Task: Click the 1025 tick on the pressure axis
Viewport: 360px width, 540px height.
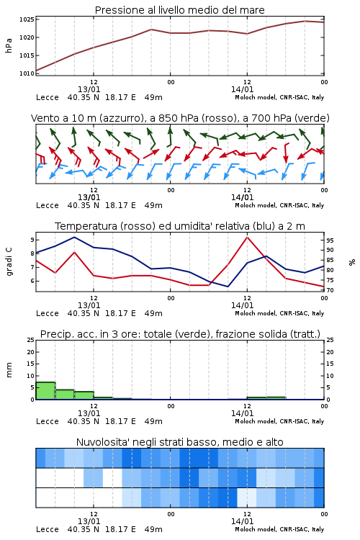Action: pos(27,19)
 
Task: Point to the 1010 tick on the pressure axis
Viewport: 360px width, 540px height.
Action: pos(27,73)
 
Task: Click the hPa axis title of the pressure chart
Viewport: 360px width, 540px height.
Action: pos(9,45)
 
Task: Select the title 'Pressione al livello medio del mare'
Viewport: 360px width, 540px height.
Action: pos(180,10)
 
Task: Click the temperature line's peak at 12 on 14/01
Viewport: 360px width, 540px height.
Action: pos(247,237)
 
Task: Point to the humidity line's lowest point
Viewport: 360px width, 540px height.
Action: pos(228,287)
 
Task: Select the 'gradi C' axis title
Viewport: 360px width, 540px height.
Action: pos(9,261)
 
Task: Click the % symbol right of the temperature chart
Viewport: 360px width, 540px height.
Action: pos(352,262)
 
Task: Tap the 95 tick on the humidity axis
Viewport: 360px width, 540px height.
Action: pos(330,240)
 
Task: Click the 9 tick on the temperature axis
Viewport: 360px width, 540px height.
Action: pos(32,240)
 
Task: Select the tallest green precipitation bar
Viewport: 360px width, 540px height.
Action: pos(45,391)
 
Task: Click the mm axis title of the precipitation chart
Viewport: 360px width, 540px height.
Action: pos(9,370)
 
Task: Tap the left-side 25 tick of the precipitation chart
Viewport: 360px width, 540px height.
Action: pos(31,341)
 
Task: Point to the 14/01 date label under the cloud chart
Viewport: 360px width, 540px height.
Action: pos(242,521)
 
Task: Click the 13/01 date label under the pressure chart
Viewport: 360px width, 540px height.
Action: pos(89,89)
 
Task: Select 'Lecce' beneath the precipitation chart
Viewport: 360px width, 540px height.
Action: pos(48,421)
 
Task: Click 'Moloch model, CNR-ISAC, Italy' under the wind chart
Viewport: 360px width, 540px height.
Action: pos(279,206)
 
